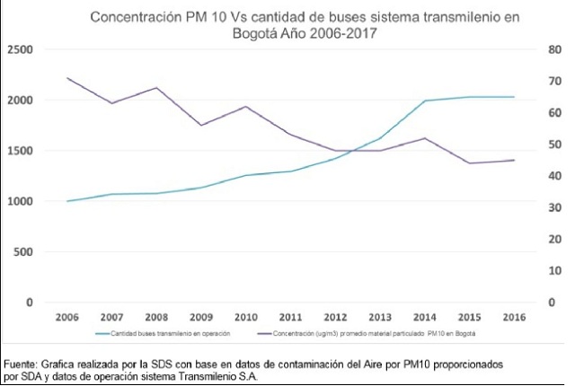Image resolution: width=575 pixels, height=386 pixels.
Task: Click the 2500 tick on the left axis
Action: pyautogui.click(x=18, y=50)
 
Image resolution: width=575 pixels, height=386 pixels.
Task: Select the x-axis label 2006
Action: pyautogui.click(x=66, y=318)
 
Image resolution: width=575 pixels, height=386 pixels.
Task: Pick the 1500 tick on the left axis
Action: pyautogui.click(x=18, y=151)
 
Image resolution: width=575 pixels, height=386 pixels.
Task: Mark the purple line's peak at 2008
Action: pyautogui.click(x=158, y=88)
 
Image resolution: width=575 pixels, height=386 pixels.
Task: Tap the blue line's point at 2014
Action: pyautogui.click(x=424, y=101)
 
